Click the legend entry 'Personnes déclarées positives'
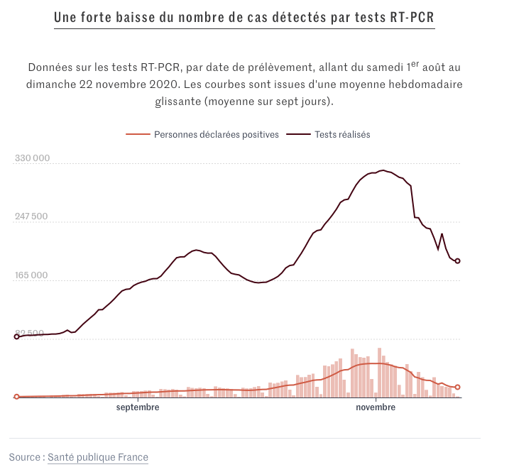pos(216,134)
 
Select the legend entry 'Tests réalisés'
pos(342,134)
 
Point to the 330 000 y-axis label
pos(33,158)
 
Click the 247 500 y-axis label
pos(33,216)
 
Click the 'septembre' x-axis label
pos(138,408)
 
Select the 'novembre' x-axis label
pos(376,408)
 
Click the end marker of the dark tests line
pos(458,261)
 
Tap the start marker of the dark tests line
pos(17,336)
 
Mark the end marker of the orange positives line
pos(458,387)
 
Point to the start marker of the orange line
pos(17,397)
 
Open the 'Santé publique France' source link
pos(98,457)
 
